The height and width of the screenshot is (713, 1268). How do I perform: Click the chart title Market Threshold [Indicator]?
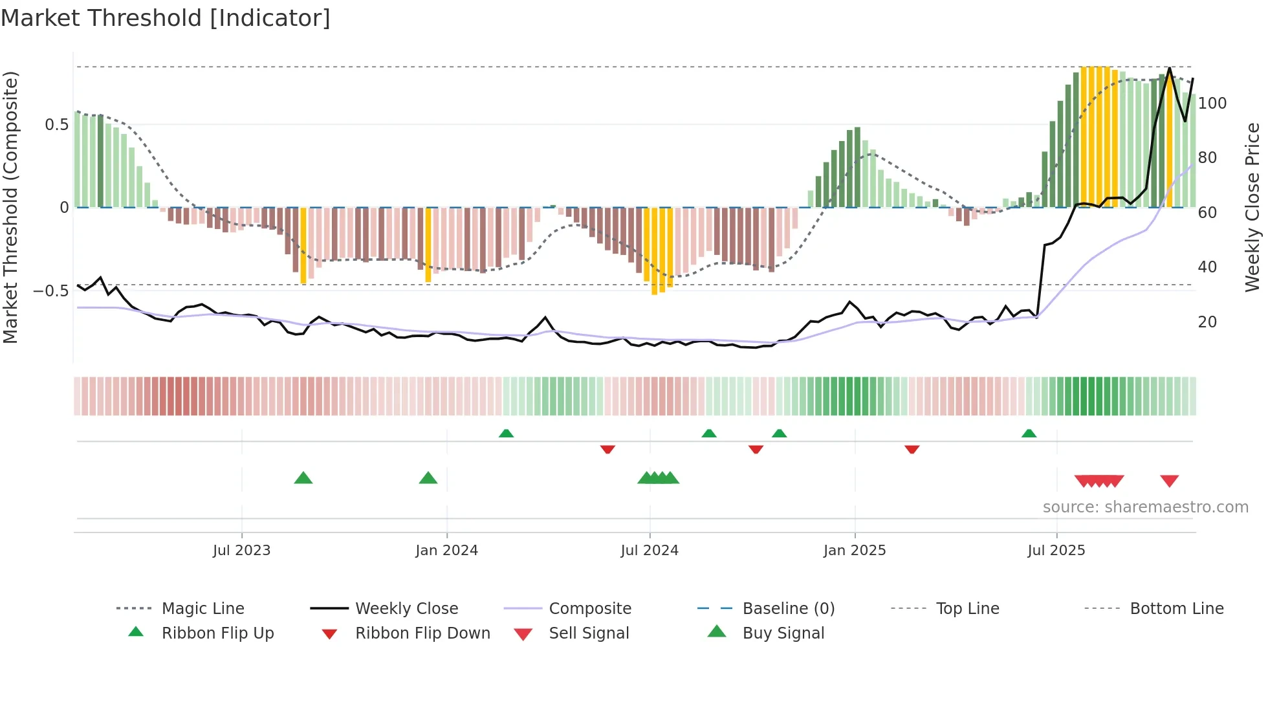166,18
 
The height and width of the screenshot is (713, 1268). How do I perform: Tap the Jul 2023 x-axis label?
241,551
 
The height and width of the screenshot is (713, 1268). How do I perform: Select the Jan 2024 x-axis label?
446,551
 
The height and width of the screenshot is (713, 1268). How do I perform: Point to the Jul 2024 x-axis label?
650,551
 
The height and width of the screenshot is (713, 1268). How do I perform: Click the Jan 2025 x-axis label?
855,551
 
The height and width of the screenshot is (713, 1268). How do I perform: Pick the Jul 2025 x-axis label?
1056,551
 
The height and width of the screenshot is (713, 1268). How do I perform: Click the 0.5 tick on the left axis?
56,125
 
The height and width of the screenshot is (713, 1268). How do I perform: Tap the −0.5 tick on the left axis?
51,291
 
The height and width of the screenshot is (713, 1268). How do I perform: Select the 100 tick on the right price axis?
1212,104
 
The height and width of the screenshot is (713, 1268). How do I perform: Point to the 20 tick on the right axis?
1207,322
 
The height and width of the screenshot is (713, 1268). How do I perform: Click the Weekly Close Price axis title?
1252,207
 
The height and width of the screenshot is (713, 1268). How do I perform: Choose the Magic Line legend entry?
202,609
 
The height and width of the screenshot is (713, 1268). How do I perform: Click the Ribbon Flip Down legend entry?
422,633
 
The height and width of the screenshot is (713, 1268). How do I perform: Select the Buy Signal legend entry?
783,633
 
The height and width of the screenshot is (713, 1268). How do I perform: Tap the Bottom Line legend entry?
1176,609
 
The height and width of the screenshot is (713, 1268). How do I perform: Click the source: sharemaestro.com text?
1145,507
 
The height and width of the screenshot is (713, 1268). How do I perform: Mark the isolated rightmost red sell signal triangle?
1169,481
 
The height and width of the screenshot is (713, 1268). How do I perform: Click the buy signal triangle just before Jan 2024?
428,478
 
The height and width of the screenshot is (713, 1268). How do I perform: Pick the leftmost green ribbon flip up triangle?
506,433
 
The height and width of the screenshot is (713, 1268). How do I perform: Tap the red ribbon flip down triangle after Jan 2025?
912,449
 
